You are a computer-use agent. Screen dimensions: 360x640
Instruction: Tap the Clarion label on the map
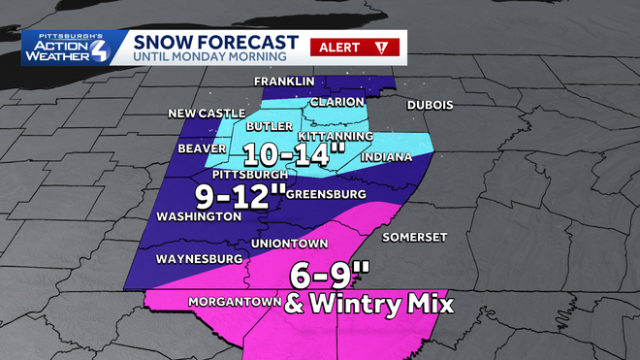(x=337, y=102)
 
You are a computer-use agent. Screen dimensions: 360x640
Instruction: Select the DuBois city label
(x=430, y=105)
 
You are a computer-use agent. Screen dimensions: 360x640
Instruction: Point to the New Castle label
(x=207, y=114)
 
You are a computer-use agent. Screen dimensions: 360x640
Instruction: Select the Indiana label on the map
(x=385, y=157)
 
